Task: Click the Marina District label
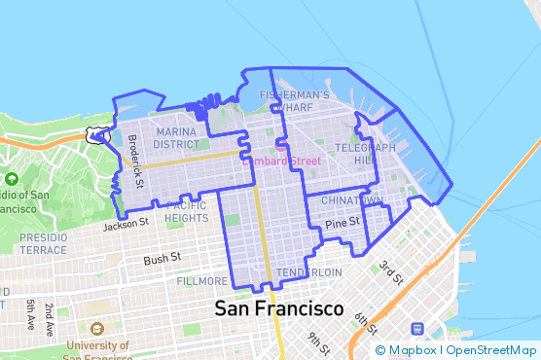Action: tap(176, 137)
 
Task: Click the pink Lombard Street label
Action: tap(281, 161)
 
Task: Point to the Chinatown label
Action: tap(351, 199)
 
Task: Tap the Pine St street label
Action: tap(343, 223)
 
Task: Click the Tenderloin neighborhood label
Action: tap(308, 272)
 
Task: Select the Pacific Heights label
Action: tap(187, 211)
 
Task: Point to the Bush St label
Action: tap(162, 259)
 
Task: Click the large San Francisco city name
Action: tap(278, 309)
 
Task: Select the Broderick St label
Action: tap(135, 161)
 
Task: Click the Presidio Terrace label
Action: tap(44, 243)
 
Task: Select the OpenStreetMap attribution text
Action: tap(493, 350)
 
